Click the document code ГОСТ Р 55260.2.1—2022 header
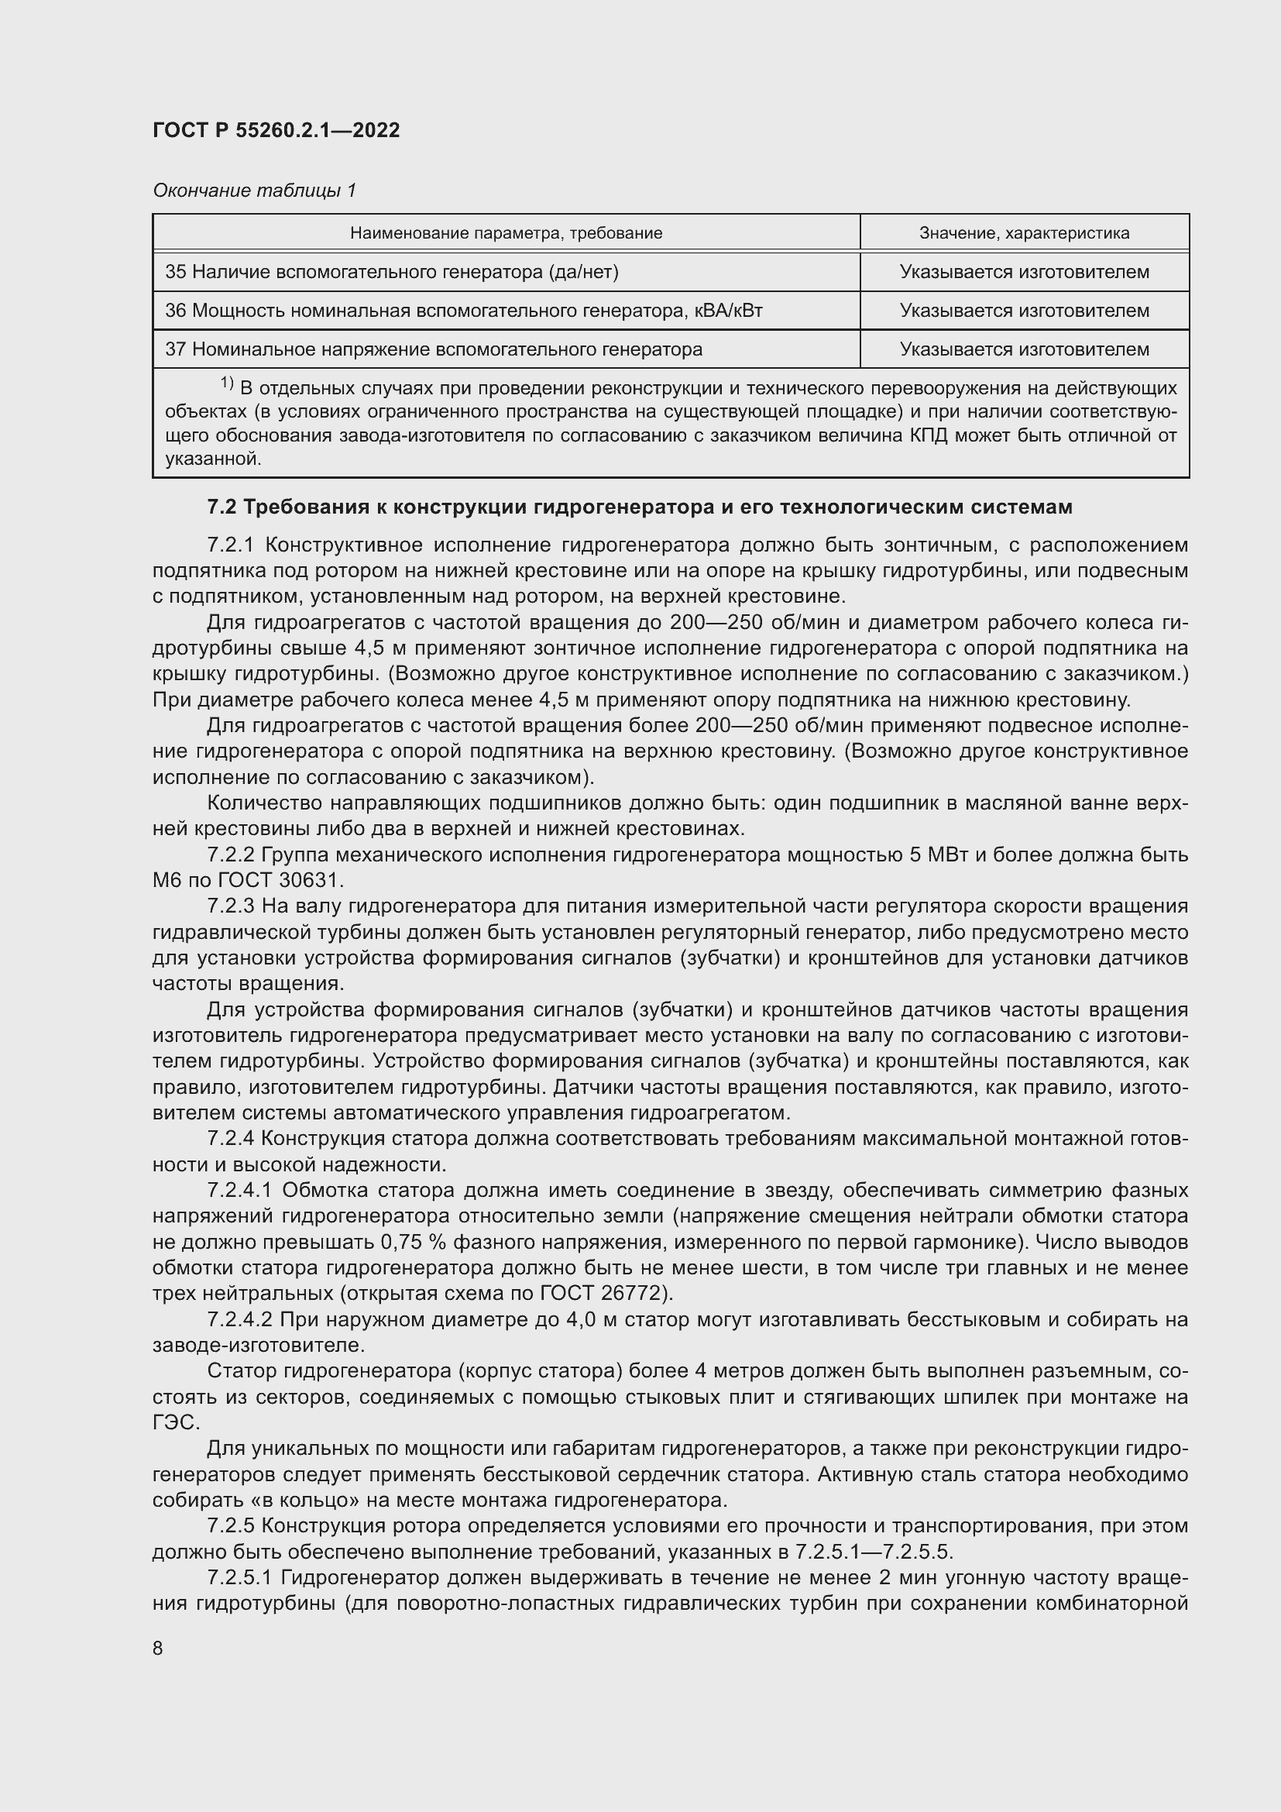[x=276, y=130]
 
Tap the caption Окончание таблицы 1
[x=254, y=191]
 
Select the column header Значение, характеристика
[x=1024, y=233]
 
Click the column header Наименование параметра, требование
[x=506, y=233]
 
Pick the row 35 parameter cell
[x=391, y=272]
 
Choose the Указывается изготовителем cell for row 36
[x=1024, y=311]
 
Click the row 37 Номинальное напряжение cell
[x=434, y=349]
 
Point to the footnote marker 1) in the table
[x=226, y=383]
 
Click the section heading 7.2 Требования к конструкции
[x=639, y=507]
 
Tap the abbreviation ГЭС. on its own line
[x=176, y=1422]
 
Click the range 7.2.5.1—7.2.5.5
[x=873, y=1552]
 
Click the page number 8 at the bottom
[x=158, y=1648]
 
